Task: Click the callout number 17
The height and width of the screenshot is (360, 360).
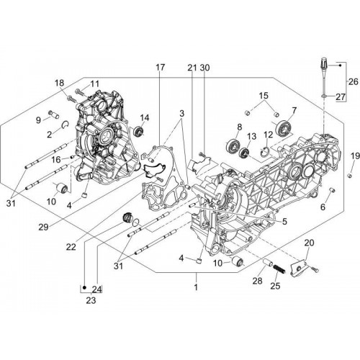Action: [161, 68]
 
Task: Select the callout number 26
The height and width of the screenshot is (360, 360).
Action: [354, 81]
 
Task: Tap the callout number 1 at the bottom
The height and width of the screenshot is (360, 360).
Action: [196, 287]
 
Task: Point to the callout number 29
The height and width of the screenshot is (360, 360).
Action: [44, 227]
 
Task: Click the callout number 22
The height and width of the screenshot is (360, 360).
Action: [71, 247]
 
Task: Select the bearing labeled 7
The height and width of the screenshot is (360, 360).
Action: [284, 127]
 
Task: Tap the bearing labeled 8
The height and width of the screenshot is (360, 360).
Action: [233, 145]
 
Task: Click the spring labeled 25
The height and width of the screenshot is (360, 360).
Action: [279, 269]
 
